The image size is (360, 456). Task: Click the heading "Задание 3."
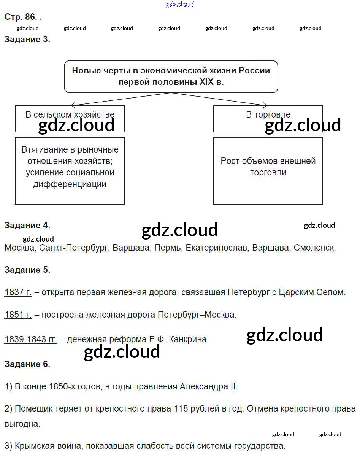27,39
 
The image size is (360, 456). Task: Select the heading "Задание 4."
27,225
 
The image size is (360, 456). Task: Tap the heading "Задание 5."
27,270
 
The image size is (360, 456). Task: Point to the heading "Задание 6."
27,364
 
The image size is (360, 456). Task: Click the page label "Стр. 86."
21,17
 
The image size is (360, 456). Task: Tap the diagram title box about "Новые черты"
171,76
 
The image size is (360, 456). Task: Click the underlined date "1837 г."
18,292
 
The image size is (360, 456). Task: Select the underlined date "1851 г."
18,315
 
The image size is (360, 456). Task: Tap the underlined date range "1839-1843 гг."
31,339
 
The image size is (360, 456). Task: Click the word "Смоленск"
315,248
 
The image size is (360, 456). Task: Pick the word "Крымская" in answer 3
31,446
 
